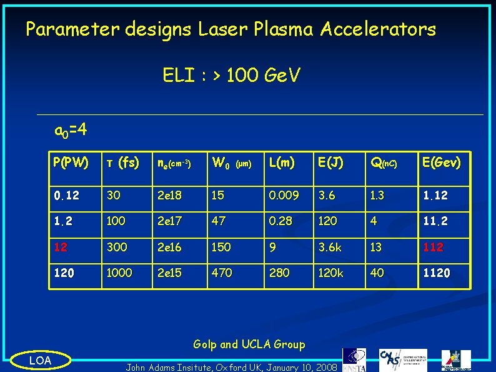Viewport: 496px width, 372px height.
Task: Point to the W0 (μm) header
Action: (231, 163)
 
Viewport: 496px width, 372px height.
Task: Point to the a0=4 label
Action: (71, 131)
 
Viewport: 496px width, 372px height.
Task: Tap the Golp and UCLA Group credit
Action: (249, 344)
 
